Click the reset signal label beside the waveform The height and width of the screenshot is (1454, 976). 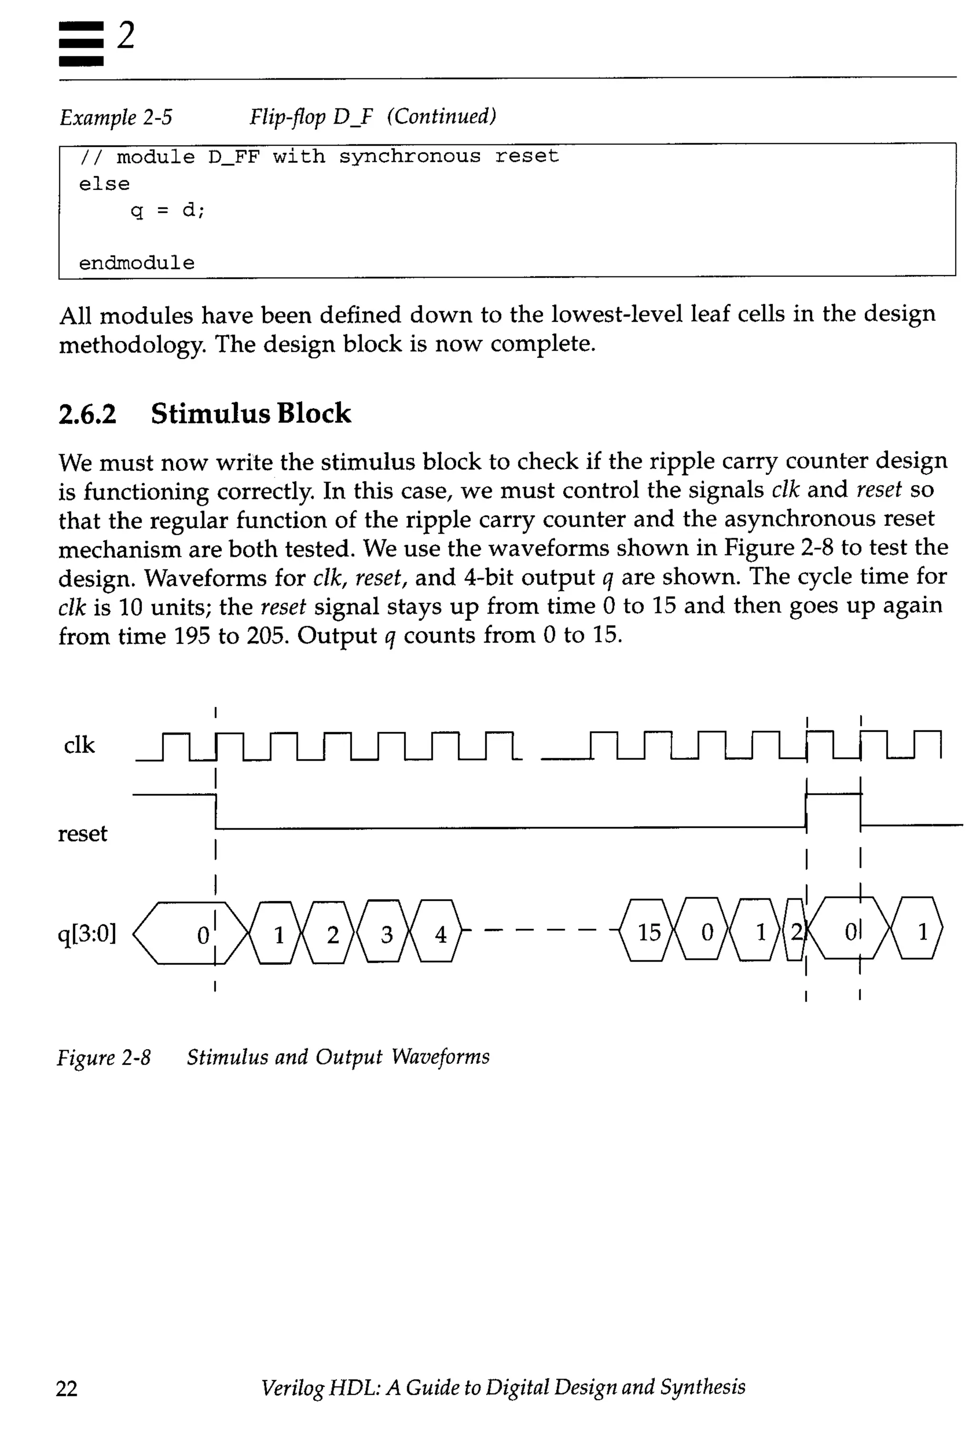coord(82,833)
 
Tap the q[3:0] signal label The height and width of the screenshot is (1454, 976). coord(87,933)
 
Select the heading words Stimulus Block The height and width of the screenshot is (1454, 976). coord(251,413)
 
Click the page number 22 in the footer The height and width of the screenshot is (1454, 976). coord(67,1388)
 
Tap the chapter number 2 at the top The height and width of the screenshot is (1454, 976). coord(126,35)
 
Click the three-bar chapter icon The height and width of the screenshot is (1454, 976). coord(81,43)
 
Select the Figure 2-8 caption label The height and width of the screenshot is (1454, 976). coord(103,1057)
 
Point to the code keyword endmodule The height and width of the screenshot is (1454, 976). coord(136,263)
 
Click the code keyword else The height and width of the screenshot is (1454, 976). coord(104,184)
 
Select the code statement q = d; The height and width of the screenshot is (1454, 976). coord(167,210)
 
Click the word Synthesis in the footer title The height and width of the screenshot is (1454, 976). coord(703,1387)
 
